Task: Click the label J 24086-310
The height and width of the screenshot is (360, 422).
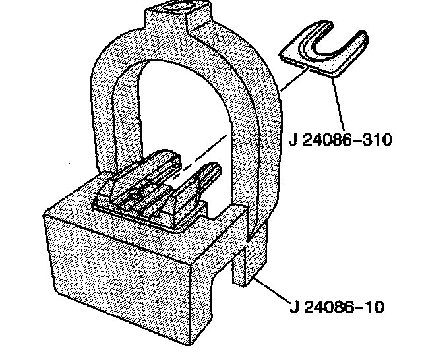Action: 340,140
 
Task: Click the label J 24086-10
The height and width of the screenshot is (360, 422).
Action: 336,307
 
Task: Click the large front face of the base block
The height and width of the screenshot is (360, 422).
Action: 119,284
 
